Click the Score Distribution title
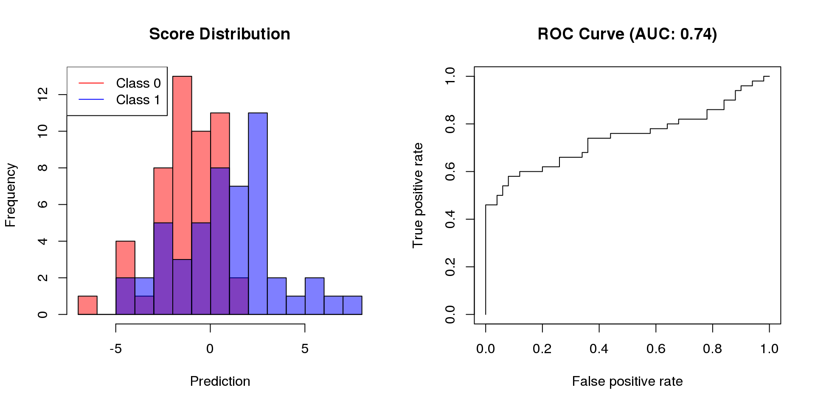[219, 34]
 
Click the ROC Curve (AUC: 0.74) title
[627, 34]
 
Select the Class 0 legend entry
[138, 83]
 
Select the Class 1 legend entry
[138, 100]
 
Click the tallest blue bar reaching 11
[258, 212]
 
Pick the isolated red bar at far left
[87, 305]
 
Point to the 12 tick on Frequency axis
[43, 95]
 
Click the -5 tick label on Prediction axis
[115, 348]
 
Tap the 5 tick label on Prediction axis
[305, 348]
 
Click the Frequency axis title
[10, 195]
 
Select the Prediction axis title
[220, 381]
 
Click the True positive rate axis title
[418, 195]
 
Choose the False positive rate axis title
[627, 381]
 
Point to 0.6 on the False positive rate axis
[656, 348]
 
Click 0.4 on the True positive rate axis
[450, 219]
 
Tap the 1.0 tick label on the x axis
[769, 348]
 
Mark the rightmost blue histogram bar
[352, 305]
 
